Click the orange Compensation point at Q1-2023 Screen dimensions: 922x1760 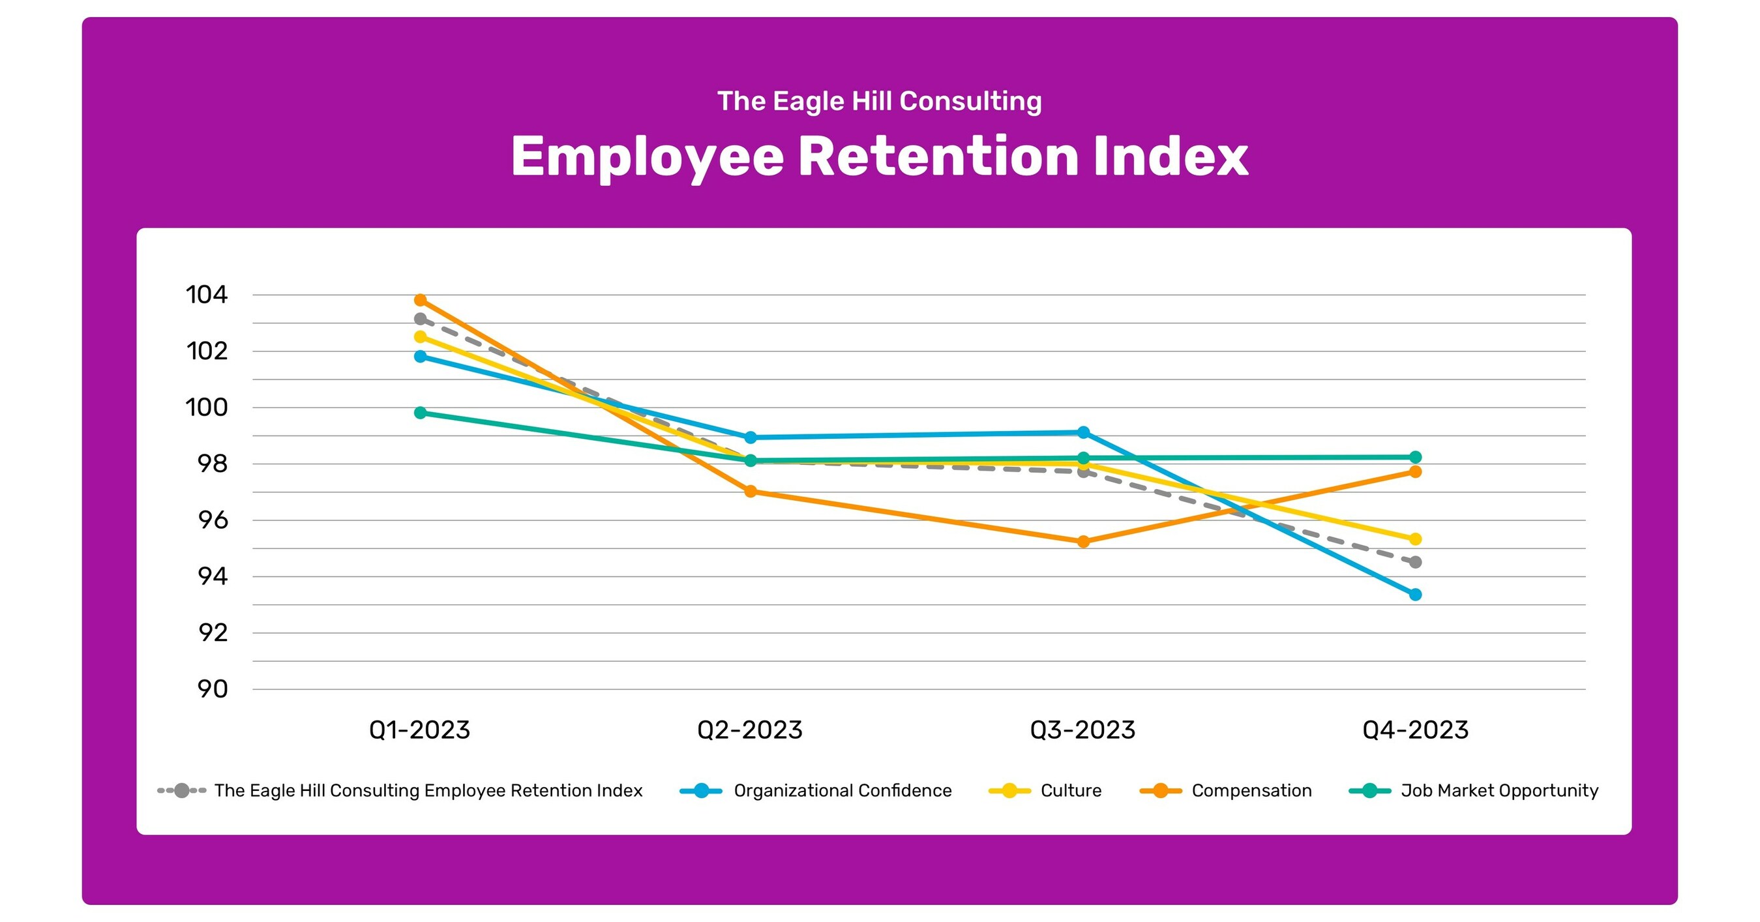click(x=420, y=300)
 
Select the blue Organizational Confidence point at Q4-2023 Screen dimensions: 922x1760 click(x=1415, y=594)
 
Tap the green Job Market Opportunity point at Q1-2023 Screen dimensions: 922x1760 click(x=420, y=413)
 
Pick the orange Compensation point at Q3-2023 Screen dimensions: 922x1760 click(x=1083, y=542)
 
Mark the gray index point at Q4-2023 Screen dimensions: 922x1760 click(x=1415, y=562)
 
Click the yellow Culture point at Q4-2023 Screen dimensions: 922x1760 click(x=1415, y=539)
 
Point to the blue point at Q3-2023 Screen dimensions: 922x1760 click(x=1083, y=432)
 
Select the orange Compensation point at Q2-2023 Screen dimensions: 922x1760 click(x=750, y=491)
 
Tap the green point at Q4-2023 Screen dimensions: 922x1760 click(x=1415, y=457)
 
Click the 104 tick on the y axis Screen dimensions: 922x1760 click(x=206, y=295)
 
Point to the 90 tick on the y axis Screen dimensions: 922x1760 click(x=213, y=689)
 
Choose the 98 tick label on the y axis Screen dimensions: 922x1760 click(x=213, y=464)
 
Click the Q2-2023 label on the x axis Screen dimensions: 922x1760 click(x=749, y=730)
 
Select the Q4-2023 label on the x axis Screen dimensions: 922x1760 click(x=1415, y=730)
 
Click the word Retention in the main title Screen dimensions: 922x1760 click(x=938, y=157)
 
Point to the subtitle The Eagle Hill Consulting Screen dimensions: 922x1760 click(x=879, y=101)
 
